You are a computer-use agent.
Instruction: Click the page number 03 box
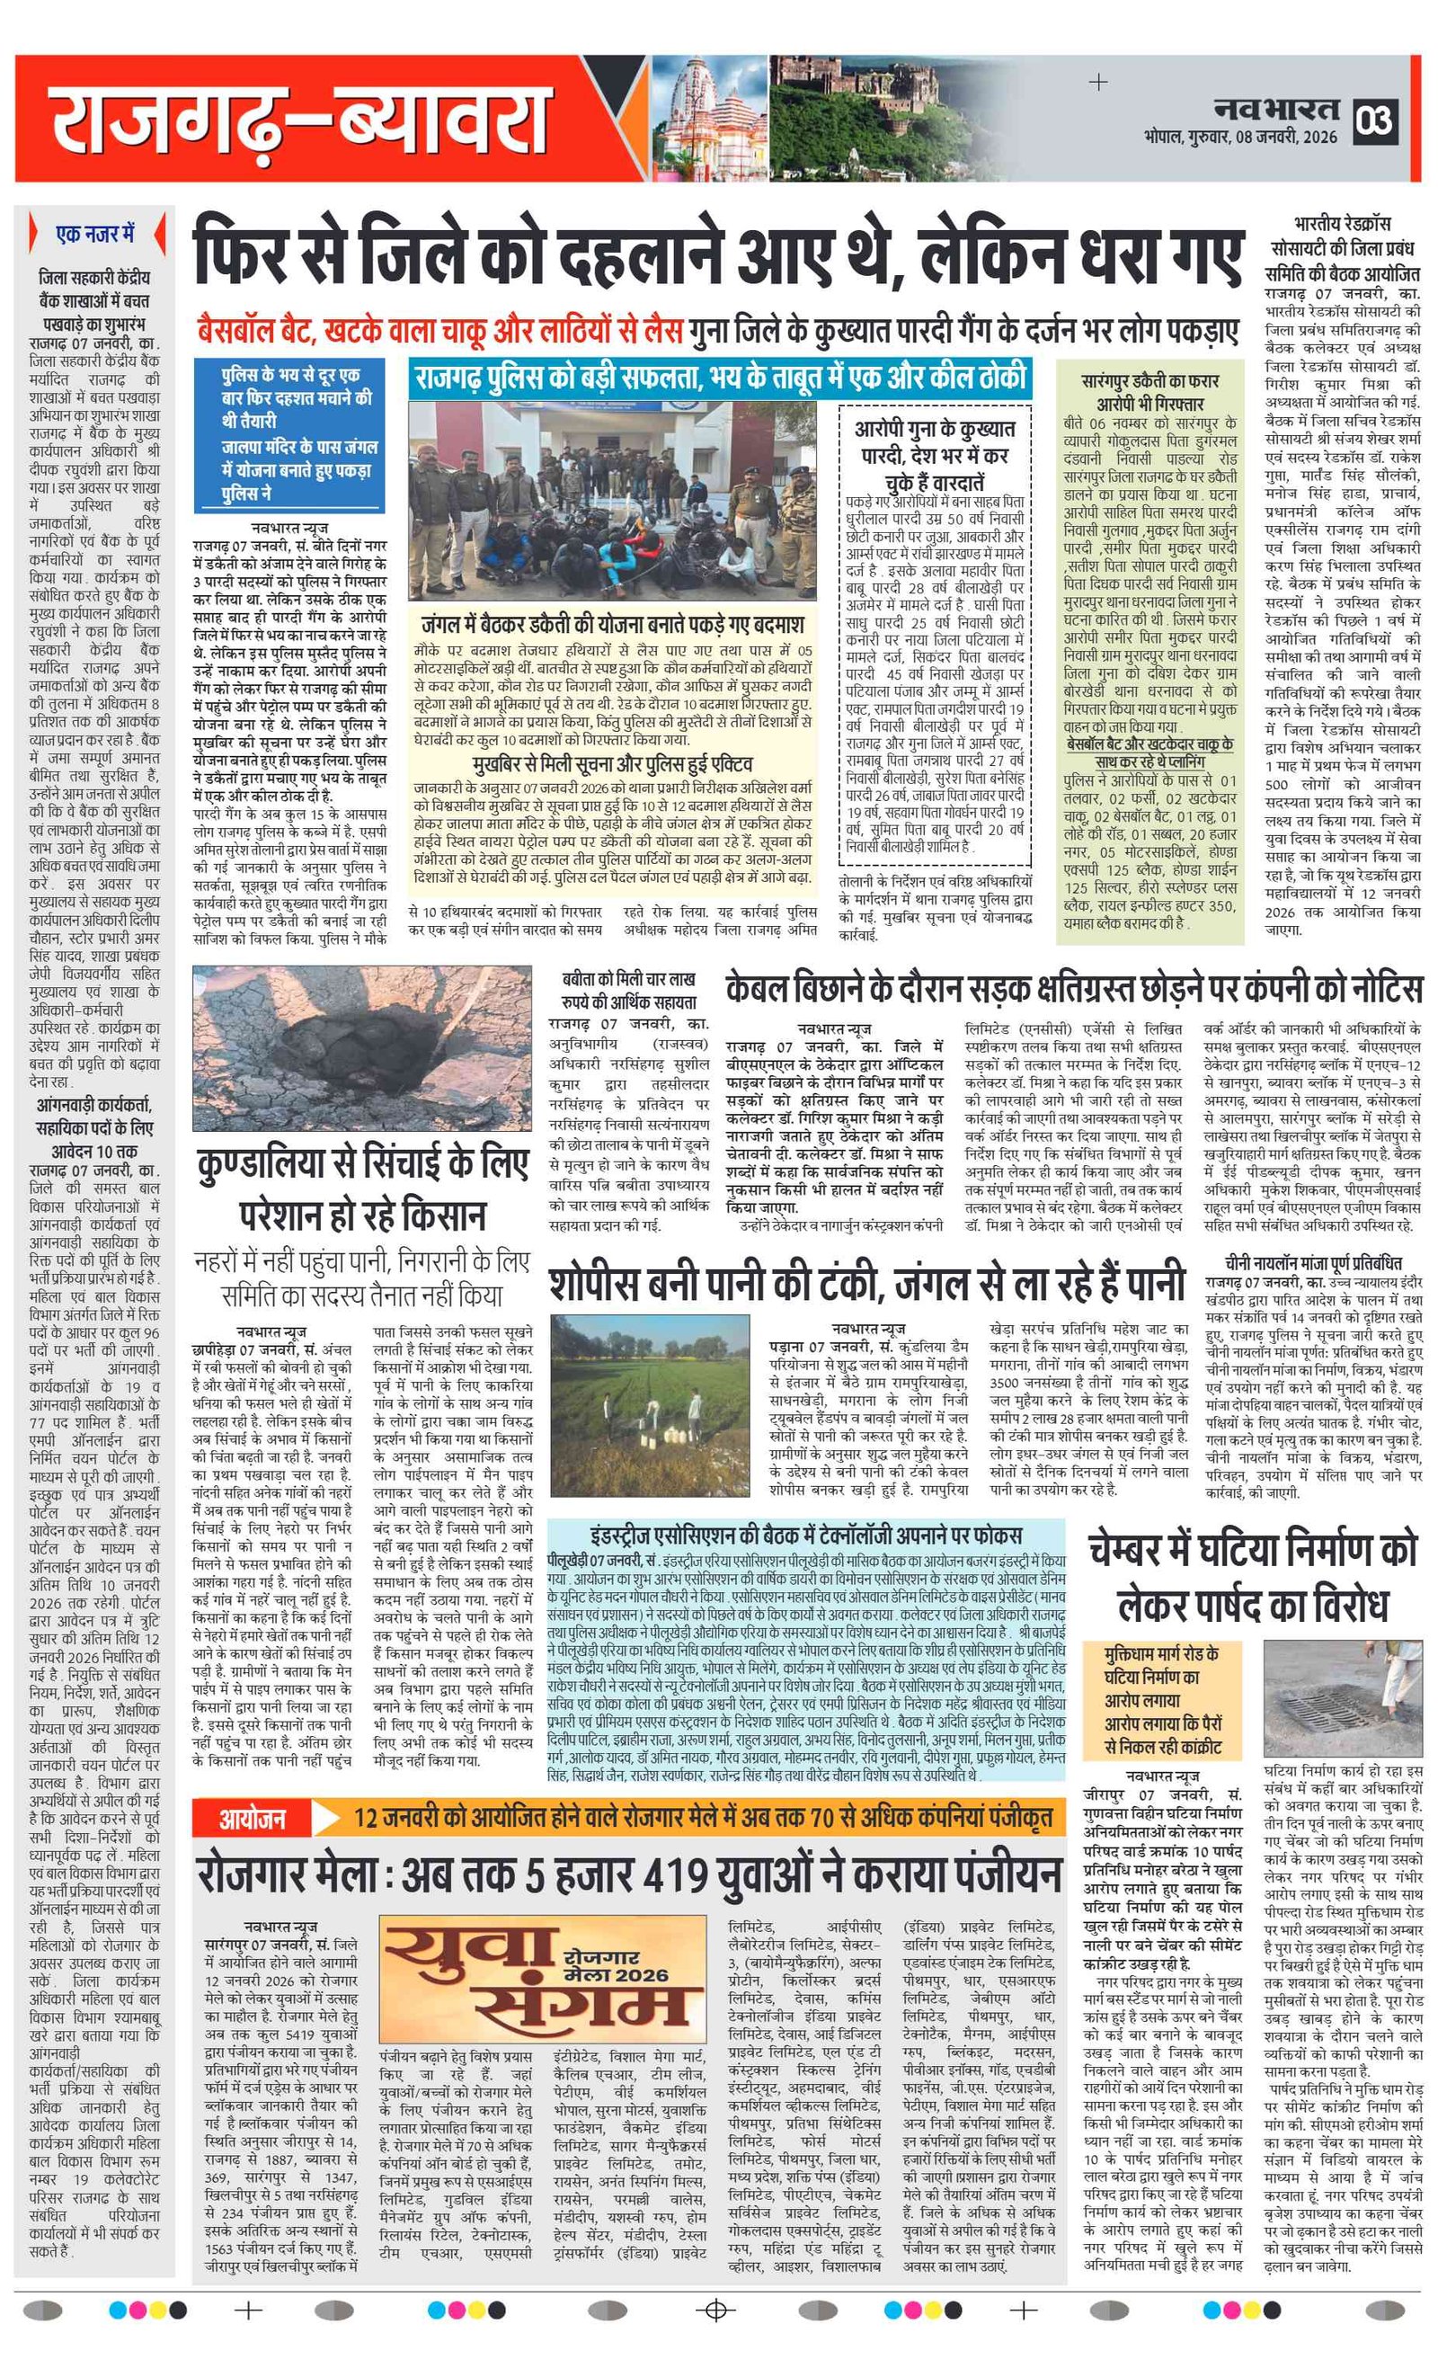click(x=1375, y=121)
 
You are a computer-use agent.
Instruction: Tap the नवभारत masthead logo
click(x=1276, y=108)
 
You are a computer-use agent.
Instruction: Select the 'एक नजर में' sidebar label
click(x=95, y=234)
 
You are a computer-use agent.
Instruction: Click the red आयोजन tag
click(x=253, y=1819)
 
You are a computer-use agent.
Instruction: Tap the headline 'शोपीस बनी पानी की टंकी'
click(x=866, y=1284)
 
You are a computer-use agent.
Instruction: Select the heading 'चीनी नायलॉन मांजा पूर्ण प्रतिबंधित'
click(x=1312, y=1263)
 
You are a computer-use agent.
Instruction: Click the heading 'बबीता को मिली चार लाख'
click(x=629, y=990)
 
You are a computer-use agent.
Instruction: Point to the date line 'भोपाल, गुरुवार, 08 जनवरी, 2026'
click(x=1240, y=137)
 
